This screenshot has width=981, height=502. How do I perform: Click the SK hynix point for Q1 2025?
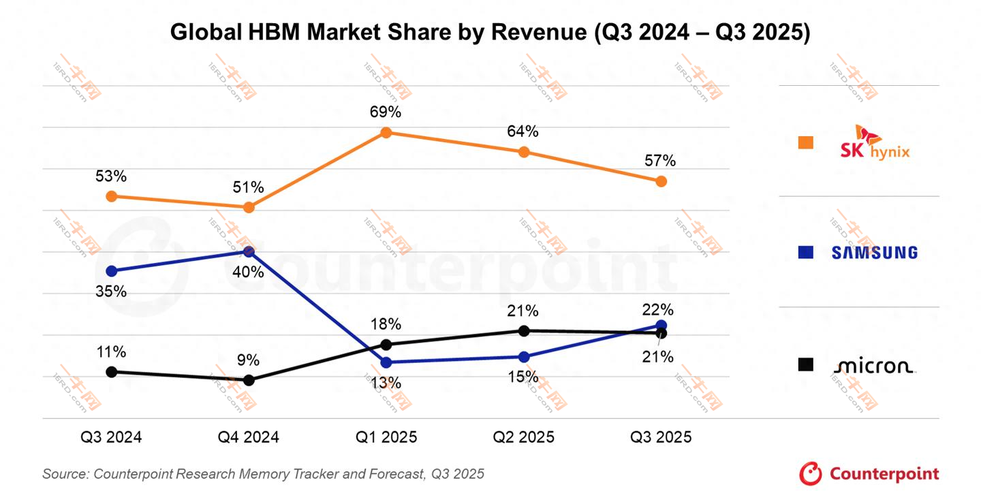386,132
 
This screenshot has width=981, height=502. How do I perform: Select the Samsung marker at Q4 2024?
249,252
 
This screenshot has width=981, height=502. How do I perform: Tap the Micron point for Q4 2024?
249,380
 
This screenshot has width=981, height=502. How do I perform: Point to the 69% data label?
386,112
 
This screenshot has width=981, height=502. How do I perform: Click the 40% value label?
249,272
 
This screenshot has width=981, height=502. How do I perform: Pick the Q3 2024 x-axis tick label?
111,437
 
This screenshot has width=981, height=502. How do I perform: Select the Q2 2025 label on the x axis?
523,437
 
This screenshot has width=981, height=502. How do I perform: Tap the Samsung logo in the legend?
875,253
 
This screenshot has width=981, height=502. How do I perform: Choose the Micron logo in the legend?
875,366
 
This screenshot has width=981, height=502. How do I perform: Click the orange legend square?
806,142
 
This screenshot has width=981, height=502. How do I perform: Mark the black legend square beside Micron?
806,365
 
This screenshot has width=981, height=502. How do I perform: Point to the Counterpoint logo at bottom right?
869,473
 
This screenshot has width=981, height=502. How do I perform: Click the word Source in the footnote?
64,474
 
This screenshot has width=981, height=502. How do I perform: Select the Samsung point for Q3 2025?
661,325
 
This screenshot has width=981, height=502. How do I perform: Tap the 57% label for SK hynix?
660,161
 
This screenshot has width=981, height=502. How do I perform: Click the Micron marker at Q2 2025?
524,331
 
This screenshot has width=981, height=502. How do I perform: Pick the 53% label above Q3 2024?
111,176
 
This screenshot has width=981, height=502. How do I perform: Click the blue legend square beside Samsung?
806,253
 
